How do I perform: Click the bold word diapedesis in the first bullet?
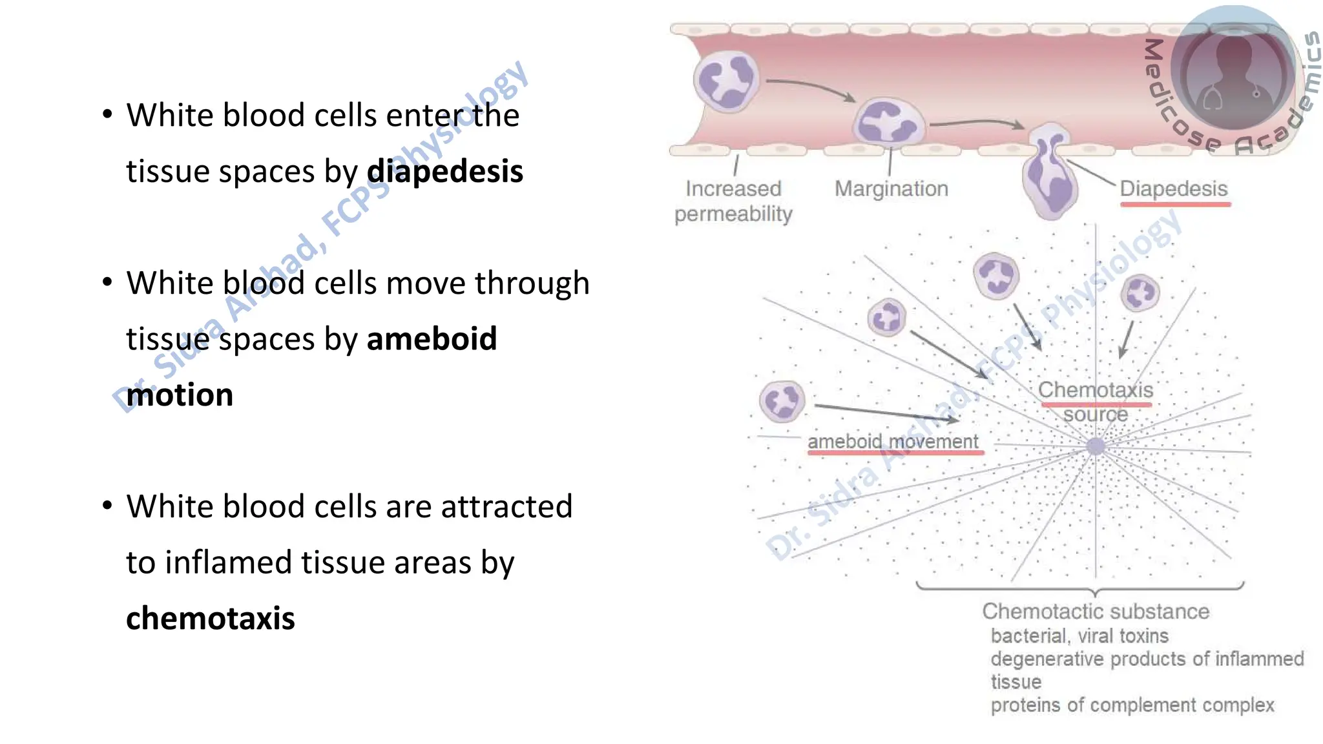tap(444, 172)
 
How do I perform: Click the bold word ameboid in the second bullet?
tap(432, 339)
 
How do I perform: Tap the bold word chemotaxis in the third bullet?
tap(210, 619)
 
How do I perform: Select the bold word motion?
tap(180, 395)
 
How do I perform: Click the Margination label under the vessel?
tap(891, 189)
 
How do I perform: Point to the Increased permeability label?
tap(733, 201)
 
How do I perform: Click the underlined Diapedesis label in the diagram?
tap(1173, 189)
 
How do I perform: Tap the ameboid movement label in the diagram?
tap(893, 442)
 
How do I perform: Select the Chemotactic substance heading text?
tap(1096, 611)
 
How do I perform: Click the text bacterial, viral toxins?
tap(1079, 636)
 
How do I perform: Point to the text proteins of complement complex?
tap(1132, 705)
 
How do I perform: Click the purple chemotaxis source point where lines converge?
tap(1096, 446)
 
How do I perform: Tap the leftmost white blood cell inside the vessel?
tap(726, 81)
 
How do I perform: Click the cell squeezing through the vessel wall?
tap(1049, 173)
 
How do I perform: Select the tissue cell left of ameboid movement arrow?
tap(782, 401)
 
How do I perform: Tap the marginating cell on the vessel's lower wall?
tap(888, 122)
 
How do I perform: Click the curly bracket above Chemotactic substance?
tap(1080, 587)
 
